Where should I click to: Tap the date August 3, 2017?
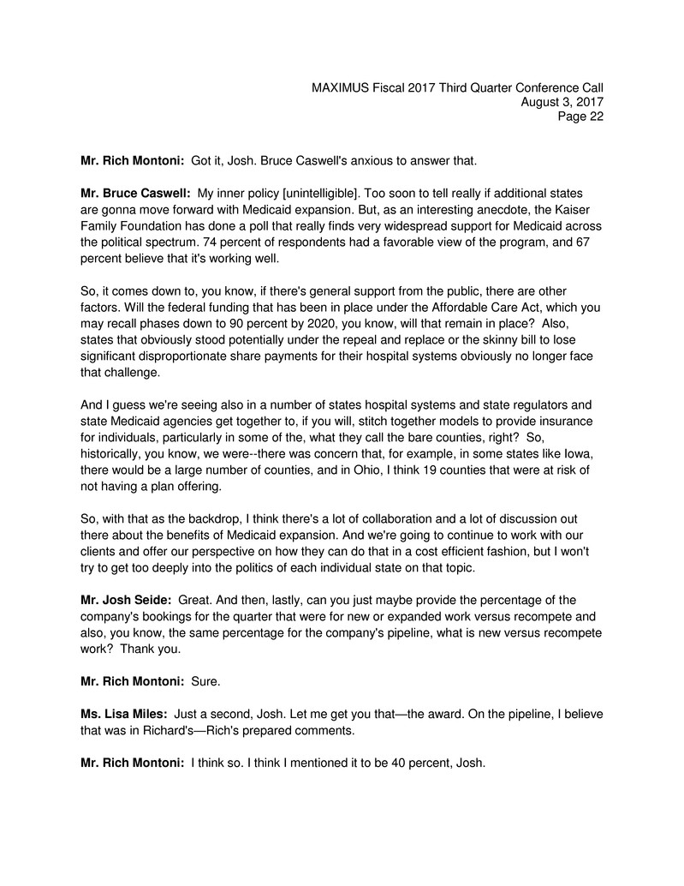click(562, 103)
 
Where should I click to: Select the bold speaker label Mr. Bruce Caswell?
click(135, 195)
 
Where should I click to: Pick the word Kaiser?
click(581, 210)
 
